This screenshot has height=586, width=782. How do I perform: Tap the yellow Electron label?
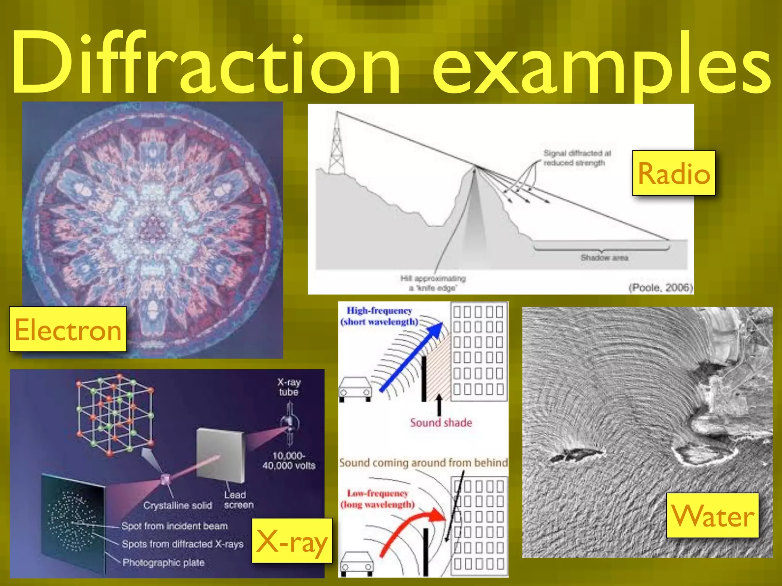pyautogui.click(x=68, y=329)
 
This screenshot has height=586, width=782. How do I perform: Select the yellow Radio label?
pyautogui.click(x=674, y=173)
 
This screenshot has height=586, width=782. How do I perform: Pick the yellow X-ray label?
pyautogui.click(x=292, y=541)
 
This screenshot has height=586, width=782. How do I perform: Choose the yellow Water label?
pyautogui.click(x=713, y=515)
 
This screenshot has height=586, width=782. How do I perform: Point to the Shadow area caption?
pyautogui.click(x=604, y=258)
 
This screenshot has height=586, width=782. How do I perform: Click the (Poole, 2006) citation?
pyautogui.click(x=660, y=287)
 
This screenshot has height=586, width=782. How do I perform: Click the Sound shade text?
pyautogui.click(x=441, y=423)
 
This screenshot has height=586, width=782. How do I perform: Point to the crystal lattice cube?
pyautogui.click(x=115, y=414)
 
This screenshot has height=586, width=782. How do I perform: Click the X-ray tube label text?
pyautogui.click(x=289, y=387)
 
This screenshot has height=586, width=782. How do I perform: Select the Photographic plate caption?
pyautogui.click(x=163, y=562)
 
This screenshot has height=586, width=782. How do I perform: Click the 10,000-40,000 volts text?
pyautogui.click(x=289, y=460)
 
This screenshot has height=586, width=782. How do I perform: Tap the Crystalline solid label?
pyautogui.click(x=178, y=506)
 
